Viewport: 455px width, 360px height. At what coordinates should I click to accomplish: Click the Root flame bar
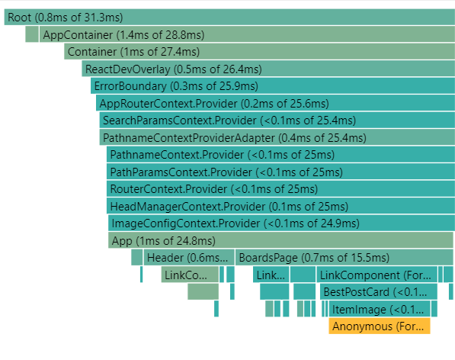229,17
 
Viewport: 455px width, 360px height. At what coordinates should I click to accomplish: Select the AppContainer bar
247,34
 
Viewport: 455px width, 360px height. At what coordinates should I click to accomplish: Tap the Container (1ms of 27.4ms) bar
259,52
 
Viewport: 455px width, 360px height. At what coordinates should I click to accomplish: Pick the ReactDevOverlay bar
268,69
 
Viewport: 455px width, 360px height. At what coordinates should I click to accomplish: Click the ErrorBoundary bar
273,86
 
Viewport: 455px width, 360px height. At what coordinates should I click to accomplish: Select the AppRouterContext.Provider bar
275,103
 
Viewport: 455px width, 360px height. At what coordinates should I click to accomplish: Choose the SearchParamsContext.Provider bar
277,121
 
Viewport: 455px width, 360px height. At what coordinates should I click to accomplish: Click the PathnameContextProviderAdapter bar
277,137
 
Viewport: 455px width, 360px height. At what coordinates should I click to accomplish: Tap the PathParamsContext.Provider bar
281,172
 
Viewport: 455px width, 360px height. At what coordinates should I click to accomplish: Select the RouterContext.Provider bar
281,189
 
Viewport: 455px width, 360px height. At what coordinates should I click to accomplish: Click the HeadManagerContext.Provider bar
281,206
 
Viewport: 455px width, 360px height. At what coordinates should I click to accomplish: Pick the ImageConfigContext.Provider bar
281,223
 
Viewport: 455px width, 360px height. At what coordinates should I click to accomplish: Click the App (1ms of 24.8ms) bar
280,240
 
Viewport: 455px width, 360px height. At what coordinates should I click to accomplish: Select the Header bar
189,258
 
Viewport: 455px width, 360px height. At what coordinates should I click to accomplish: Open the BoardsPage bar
344,258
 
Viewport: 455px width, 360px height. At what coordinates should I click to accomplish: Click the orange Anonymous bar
380,326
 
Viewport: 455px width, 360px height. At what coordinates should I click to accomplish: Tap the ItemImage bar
380,309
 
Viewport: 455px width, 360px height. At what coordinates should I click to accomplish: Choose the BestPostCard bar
378,292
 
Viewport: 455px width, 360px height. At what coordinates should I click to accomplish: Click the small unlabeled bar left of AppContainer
32,34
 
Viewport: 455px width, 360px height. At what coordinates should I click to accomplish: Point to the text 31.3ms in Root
104,17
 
